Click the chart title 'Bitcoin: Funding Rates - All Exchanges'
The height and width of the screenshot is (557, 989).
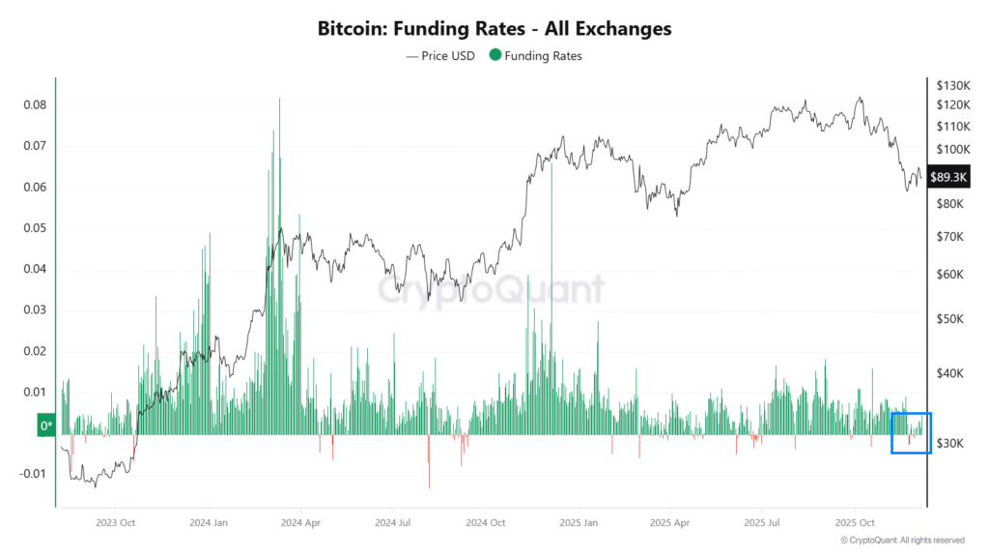pos(494,29)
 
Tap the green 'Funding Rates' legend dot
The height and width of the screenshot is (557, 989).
pos(495,56)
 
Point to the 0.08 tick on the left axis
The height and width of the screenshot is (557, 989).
pos(34,105)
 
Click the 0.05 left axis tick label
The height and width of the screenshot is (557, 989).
pos(34,228)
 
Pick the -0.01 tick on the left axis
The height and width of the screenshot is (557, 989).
pos(32,474)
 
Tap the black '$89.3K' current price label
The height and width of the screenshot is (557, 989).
pos(947,177)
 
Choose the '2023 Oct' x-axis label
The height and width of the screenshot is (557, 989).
pos(114,522)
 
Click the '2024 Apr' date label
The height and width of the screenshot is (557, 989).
pos(299,522)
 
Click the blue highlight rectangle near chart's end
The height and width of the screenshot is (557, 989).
pos(911,432)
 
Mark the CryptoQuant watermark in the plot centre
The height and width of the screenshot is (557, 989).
pos(490,289)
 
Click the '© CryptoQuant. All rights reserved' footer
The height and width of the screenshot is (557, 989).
pos(902,541)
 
